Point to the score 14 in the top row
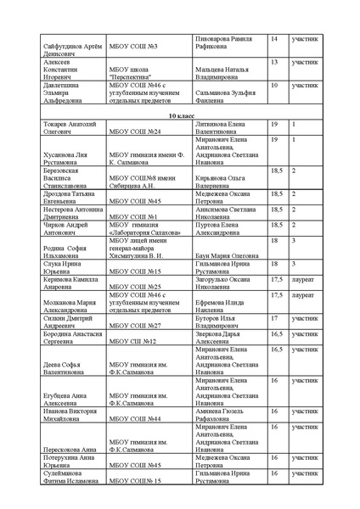coord(274,39)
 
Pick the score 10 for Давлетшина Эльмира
coord(274,86)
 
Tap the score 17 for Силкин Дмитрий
coord(274,317)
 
